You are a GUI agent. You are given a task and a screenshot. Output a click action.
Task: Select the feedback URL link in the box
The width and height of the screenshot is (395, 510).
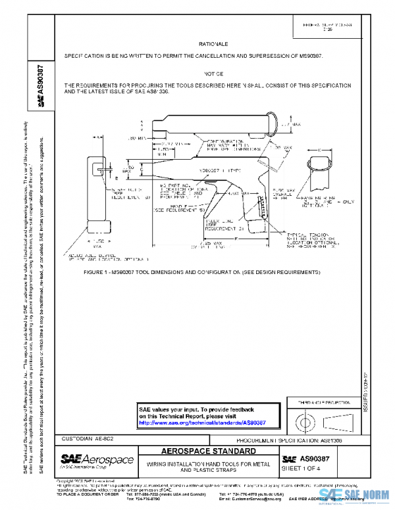click(202, 423)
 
